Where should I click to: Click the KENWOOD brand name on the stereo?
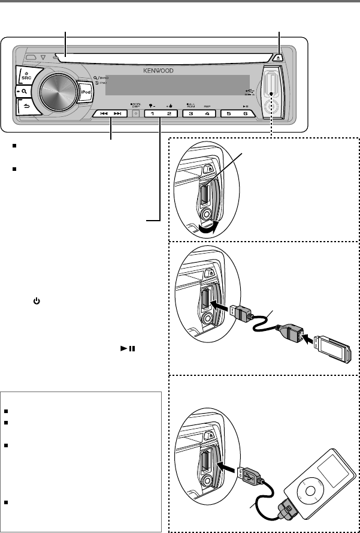pos(158,71)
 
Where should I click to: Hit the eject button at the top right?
pos(280,58)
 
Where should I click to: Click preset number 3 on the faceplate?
pos(190,113)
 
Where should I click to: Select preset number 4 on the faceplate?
pos(207,113)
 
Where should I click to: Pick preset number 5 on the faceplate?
pos(229,113)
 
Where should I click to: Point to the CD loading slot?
pos(162,59)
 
